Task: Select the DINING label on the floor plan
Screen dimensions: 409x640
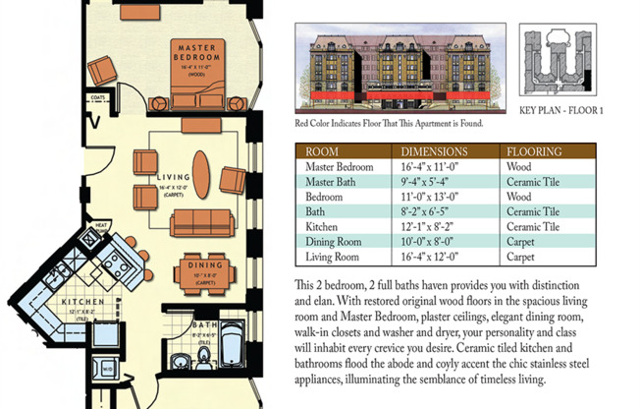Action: click(204, 265)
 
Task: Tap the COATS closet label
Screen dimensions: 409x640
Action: click(98, 97)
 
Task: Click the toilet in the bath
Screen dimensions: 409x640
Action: click(204, 353)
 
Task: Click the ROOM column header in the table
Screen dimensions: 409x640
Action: click(323, 152)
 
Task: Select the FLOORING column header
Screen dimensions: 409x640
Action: click(534, 152)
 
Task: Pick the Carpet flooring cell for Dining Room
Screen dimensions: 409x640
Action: click(522, 241)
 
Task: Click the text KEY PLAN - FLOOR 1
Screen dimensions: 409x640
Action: click(560, 111)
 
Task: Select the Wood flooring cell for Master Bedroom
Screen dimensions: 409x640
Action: click(519, 167)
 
